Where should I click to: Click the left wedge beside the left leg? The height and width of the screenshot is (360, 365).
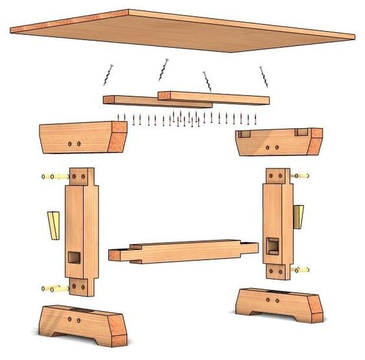tap(52, 223)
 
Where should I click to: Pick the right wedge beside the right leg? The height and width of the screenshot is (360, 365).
tap(298, 216)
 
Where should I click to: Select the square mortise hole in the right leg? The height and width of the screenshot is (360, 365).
tap(272, 245)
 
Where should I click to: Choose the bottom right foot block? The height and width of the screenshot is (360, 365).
tap(278, 305)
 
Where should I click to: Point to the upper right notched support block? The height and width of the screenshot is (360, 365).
tap(278, 142)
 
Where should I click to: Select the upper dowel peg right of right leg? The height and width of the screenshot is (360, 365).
tap(300, 175)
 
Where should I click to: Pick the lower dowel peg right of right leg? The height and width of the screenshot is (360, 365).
tap(300, 269)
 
